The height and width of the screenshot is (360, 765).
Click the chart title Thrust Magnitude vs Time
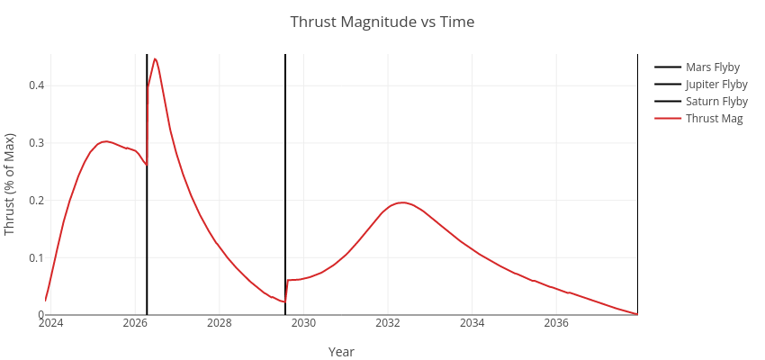[382, 22]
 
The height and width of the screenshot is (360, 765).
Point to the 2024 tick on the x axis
[50, 323]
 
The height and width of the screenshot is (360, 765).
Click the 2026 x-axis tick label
[135, 323]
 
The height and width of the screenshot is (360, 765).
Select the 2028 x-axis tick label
[220, 323]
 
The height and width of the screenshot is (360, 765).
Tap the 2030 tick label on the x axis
[303, 323]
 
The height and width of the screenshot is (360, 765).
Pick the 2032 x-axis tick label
[388, 323]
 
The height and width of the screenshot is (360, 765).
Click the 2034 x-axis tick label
[472, 323]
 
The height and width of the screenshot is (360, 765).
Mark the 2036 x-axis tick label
[556, 323]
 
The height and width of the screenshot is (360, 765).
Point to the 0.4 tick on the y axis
[35, 85]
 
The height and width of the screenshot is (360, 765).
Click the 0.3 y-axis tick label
[35, 143]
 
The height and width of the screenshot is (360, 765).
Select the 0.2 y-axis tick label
[35, 200]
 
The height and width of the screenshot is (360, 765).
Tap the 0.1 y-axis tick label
[35, 257]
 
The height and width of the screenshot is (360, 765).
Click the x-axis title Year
[341, 352]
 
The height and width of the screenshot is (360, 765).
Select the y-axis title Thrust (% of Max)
[10, 184]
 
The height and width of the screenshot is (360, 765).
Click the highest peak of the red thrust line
[155, 58]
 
